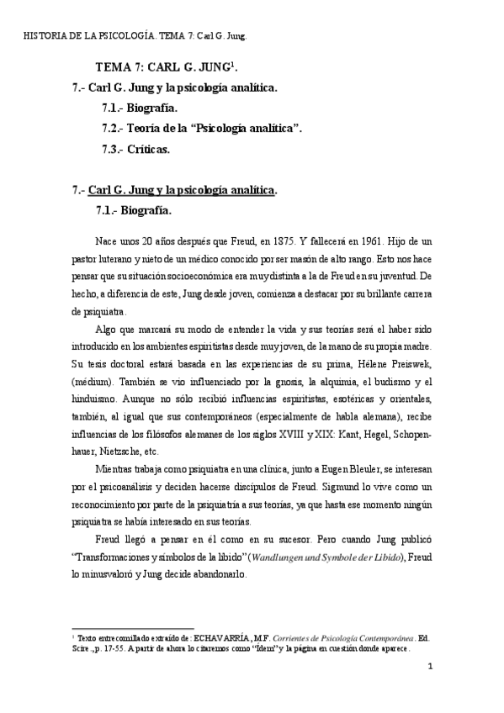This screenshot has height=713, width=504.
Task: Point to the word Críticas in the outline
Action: pyautogui.click(x=148, y=149)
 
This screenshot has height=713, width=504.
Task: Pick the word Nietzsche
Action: pyautogui.click(x=123, y=451)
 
